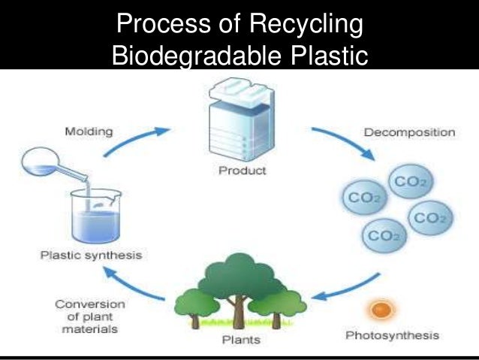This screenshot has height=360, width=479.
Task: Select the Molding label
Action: tap(89, 131)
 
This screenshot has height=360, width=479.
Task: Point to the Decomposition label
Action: tap(409, 132)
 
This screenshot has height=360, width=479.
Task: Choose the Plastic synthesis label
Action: tap(92, 256)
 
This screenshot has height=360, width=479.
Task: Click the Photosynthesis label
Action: tap(392, 334)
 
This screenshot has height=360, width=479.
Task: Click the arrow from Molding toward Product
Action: tap(135, 139)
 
